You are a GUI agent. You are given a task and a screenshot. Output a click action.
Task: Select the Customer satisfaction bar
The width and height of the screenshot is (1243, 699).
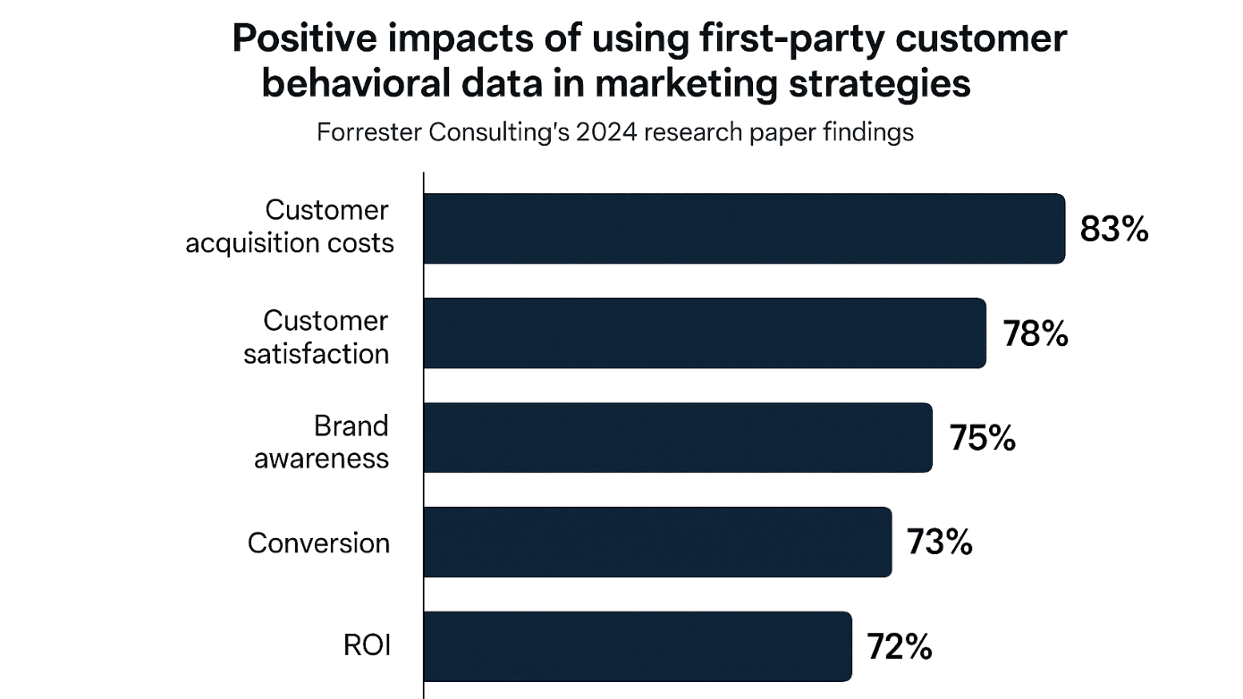(x=705, y=333)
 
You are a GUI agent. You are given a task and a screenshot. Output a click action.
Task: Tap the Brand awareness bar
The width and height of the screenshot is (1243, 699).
(x=678, y=438)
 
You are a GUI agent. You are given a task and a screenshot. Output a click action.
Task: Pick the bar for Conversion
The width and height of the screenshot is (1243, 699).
(x=657, y=543)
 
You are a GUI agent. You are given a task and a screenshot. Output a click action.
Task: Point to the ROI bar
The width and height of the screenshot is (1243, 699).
(x=637, y=646)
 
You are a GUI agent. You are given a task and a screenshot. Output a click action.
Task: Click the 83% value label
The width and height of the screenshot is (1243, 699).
(x=1113, y=230)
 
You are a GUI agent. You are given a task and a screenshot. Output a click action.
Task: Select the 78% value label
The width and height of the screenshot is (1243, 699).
(x=1035, y=334)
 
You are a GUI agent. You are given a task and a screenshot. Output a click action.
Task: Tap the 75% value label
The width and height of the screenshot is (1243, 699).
(x=982, y=439)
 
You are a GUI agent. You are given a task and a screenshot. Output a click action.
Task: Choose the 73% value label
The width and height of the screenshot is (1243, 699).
(x=939, y=543)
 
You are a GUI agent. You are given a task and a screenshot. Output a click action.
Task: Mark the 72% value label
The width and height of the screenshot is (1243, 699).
(x=899, y=646)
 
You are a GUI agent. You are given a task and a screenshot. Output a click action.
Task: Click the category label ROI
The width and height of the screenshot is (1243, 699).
(x=368, y=646)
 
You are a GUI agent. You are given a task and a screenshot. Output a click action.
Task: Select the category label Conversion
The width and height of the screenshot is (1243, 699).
(x=318, y=543)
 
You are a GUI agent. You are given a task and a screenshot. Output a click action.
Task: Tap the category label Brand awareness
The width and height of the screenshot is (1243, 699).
(x=322, y=442)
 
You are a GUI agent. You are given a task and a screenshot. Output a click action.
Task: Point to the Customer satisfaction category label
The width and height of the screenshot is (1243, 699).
(x=317, y=337)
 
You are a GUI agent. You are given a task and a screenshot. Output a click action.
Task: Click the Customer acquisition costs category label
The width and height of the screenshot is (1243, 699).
(x=290, y=227)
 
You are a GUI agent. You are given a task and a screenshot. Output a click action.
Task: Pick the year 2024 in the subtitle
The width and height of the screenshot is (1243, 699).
(x=609, y=132)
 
